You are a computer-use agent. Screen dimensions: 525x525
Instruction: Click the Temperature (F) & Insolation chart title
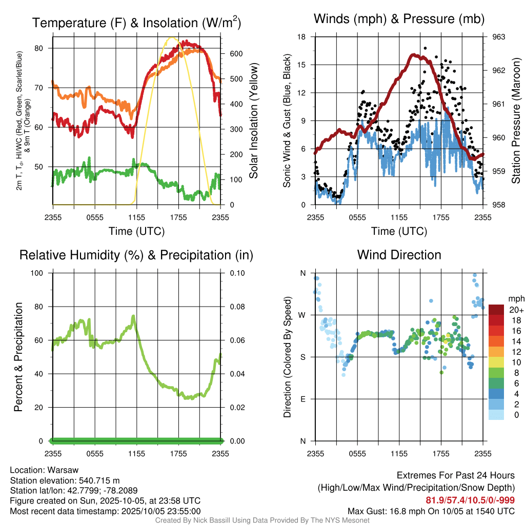tap(136, 23)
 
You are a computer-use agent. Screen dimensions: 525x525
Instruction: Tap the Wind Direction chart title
tap(399, 254)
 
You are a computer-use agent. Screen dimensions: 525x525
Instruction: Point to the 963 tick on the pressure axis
tap(498, 37)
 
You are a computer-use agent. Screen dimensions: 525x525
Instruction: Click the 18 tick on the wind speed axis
tap(302, 37)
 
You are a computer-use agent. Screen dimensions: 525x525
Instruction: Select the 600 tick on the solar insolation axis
tap(233, 53)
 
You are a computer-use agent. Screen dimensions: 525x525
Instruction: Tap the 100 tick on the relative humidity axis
tap(41, 273)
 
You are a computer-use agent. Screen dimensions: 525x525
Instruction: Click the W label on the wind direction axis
tap(302, 315)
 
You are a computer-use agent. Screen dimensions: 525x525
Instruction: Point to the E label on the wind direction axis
tap(302, 399)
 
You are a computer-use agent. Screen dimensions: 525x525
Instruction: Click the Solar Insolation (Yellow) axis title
tap(253, 121)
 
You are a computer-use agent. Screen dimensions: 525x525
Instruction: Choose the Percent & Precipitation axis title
tap(18, 357)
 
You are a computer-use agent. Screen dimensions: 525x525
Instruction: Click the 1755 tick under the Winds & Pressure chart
tap(440, 217)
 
